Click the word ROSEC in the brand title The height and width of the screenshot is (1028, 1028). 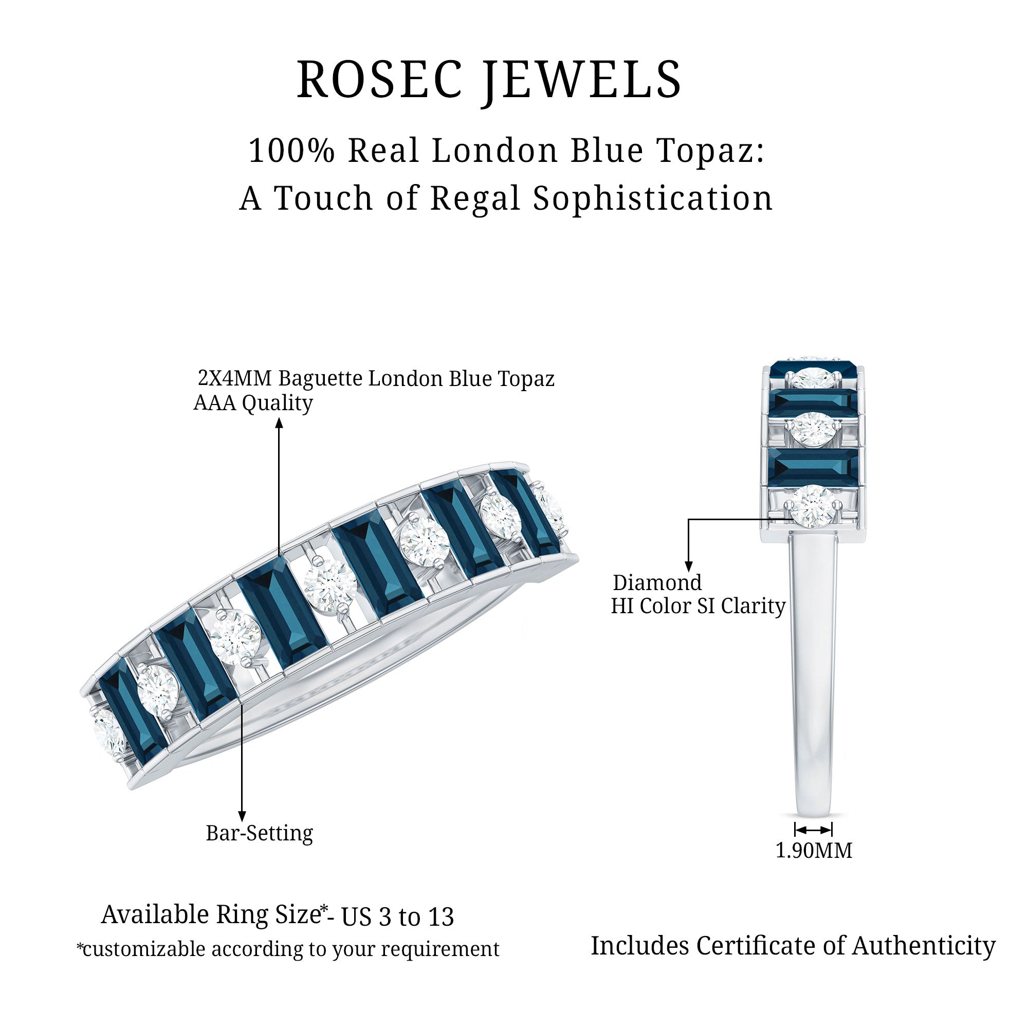(x=378, y=80)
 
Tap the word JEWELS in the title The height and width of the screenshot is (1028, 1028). (x=583, y=80)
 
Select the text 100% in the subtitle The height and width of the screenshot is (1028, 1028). (x=291, y=151)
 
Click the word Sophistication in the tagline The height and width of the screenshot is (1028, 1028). (x=653, y=198)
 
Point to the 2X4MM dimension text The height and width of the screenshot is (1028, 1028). (x=235, y=378)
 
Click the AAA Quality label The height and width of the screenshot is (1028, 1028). (x=253, y=403)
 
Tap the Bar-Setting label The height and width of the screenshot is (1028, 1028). (x=259, y=833)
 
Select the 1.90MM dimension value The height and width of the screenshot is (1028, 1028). (x=814, y=850)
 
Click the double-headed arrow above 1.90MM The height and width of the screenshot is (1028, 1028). (x=813, y=830)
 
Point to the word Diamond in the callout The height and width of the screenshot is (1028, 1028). (x=657, y=583)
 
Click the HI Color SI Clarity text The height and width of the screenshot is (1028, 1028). (x=697, y=606)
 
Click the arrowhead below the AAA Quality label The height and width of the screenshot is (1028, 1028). (x=279, y=424)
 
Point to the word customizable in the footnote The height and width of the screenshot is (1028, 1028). (x=144, y=949)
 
